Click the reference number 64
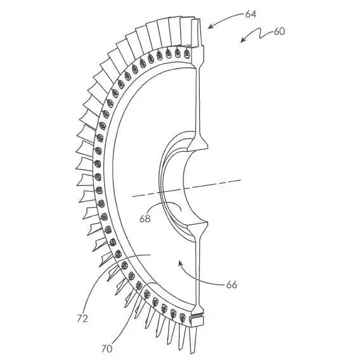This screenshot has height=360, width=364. coord(250,15)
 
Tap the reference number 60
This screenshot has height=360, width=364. coord(279,31)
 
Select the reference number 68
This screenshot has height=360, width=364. coord(145,218)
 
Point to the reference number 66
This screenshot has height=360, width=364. coord(231,284)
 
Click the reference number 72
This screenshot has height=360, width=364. coord(82,319)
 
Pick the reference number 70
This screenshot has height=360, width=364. coord(107,349)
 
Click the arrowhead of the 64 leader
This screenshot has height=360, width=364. coord(209,27)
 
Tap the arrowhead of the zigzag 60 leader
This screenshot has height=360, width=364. coord(242,41)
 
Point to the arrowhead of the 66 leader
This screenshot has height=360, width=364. coord(179,262)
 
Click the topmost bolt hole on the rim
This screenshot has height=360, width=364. coord(187,54)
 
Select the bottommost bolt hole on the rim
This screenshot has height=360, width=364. coord(183,317)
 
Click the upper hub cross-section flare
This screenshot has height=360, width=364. coord(198,142)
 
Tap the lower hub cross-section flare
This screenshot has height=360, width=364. coord(198,230)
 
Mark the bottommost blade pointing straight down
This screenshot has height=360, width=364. coord(193,338)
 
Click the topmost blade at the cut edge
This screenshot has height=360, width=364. coord(195,32)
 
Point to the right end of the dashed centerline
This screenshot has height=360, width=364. coord(241,180)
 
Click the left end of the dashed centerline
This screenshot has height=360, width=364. coord(133,197)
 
